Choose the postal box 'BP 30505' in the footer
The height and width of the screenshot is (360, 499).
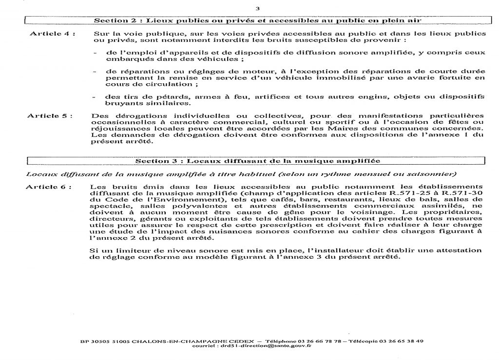[91, 341]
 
